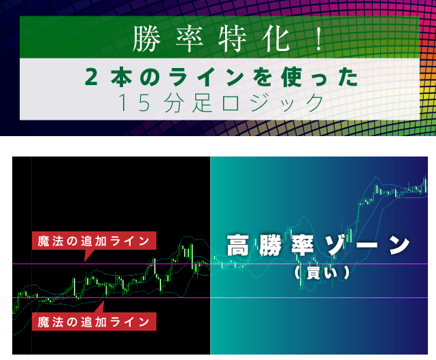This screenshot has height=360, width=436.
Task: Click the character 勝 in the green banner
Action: pos(146,39)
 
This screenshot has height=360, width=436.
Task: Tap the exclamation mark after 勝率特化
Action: pos(320,39)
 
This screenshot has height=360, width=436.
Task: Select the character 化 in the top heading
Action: pos(275,39)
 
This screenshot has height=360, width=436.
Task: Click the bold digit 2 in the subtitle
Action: pos(91,77)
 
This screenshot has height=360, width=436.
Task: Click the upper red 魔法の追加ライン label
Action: pos(94,241)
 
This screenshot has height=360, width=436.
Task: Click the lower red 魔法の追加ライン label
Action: pos(94,322)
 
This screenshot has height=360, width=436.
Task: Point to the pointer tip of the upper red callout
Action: pos(84,261)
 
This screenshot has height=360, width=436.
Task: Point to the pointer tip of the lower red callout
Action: pos(103,301)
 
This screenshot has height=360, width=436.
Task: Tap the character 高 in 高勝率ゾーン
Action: pos(238,245)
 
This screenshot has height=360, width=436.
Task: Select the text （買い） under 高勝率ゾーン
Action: pos(322,273)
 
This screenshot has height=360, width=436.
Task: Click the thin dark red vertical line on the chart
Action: pos(31,255)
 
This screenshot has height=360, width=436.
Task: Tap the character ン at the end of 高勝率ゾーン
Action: pos(399,245)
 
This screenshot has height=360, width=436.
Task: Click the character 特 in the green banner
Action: pos(232,39)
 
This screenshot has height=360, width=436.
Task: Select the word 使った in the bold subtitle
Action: pos(320,77)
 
